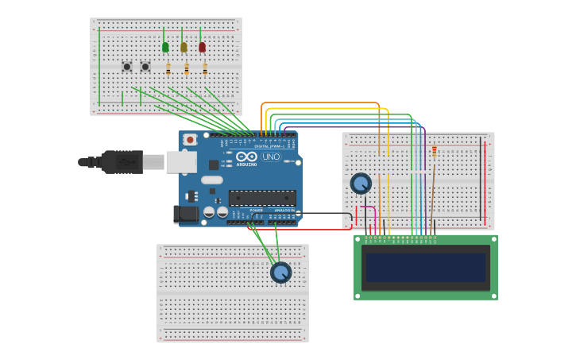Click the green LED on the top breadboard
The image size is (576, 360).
[x=165, y=47]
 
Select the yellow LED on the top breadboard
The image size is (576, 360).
[x=184, y=47]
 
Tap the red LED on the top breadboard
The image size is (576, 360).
[x=202, y=47]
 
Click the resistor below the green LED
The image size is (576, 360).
[x=168, y=69]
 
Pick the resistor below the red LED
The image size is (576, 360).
[x=205, y=69]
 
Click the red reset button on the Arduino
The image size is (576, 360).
[x=189, y=140]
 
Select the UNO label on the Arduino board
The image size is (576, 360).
[x=271, y=157]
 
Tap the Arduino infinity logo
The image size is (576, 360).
[x=246, y=157]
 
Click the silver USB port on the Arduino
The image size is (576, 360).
[x=181, y=162]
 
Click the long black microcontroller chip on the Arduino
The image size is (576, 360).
[x=262, y=198]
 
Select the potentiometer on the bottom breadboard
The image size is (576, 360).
[x=281, y=273]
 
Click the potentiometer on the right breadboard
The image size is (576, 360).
[x=361, y=184]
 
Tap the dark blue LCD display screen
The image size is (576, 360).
[x=426, y=267]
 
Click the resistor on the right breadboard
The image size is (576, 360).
[x=434, y=150]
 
